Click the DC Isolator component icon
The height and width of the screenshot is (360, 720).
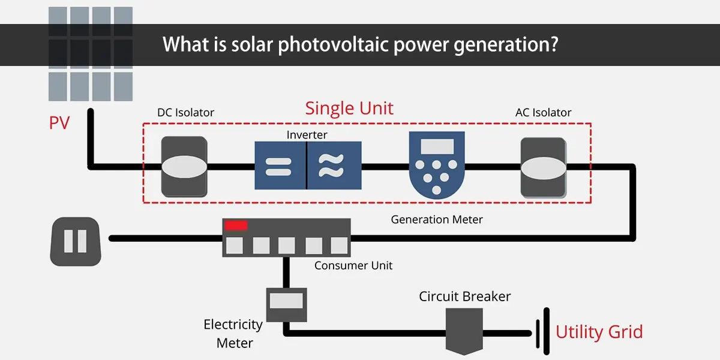(184, 166)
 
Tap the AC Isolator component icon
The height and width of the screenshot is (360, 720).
(543, 167)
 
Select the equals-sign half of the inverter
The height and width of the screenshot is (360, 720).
(280, 166)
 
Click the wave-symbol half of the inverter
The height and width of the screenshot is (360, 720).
(334, 166)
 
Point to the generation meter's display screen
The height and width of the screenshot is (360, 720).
(437, 146)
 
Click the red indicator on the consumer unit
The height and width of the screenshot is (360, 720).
(236, 225)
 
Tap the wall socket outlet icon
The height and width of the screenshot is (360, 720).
(76, 241)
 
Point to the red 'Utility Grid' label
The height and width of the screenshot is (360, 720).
(599, 332)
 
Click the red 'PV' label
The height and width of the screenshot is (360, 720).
(59, 124)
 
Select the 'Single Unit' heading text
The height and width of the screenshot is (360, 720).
(349, 109)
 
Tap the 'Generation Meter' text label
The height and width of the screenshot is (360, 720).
(437, 220)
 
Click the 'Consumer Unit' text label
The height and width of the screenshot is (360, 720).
(353, 265)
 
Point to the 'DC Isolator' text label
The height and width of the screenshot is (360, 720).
(185, 113)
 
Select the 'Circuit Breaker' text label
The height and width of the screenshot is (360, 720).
(464, 296)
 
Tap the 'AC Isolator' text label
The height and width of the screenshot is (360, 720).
(543, 113)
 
